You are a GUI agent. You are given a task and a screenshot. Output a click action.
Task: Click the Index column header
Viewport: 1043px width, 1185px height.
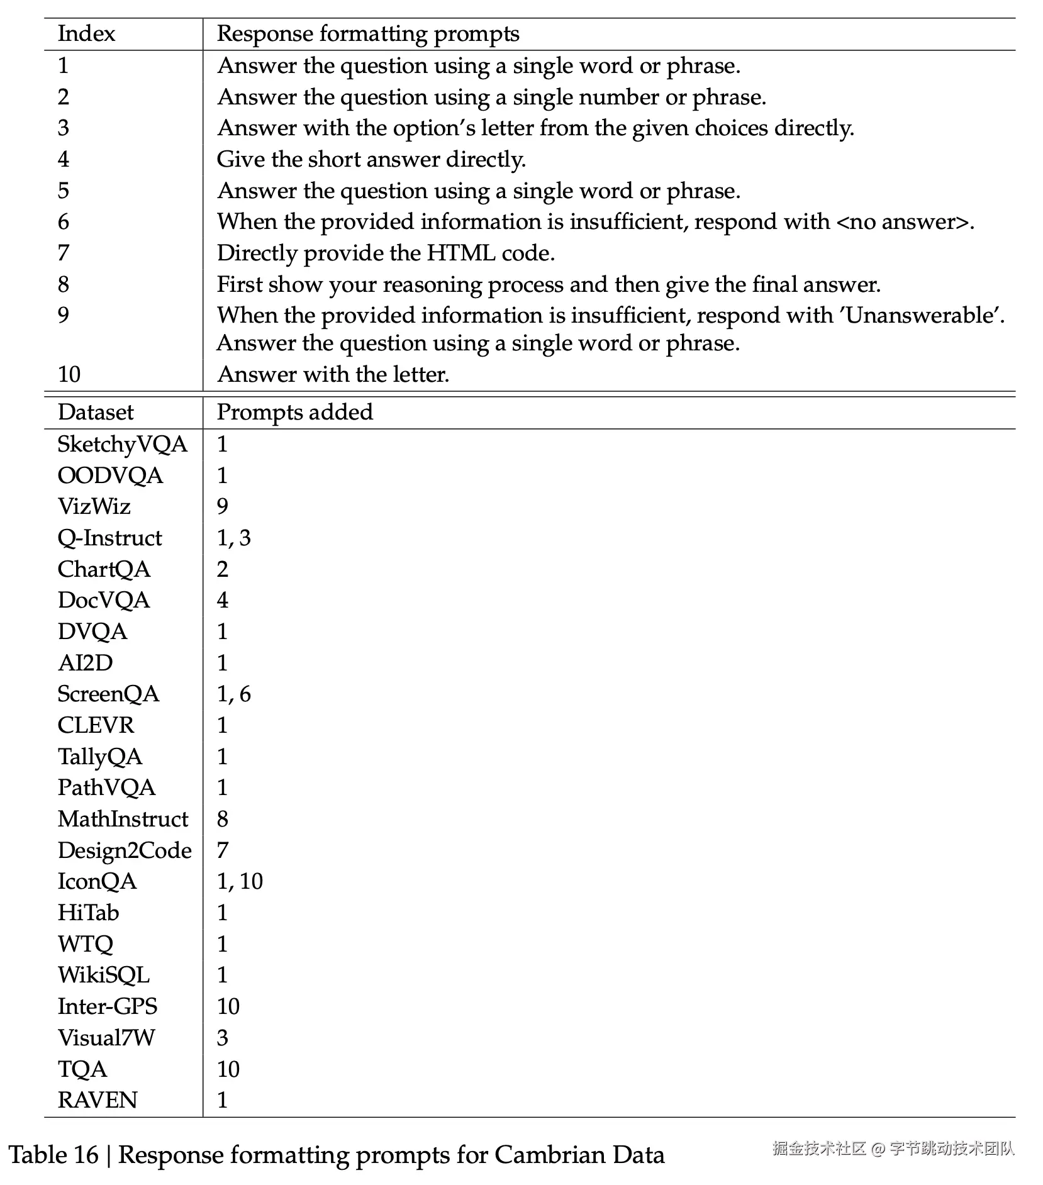click(x=86, y=34)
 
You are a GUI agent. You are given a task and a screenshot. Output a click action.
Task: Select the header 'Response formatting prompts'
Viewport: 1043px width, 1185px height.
click(x=368, y=34)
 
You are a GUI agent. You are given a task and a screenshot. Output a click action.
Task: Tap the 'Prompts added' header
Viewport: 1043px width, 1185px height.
click(x=294, y=413)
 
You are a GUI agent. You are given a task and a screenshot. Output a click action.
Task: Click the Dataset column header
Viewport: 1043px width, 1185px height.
click(x=96, y=413)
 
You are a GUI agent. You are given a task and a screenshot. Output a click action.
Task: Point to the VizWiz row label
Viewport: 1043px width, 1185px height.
click(x=94, y=506)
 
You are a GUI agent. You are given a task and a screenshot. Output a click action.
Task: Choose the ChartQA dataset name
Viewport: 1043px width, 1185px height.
click(x=104, y=569)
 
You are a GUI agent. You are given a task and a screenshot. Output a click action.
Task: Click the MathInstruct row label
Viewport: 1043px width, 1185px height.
click(x=123, y=819)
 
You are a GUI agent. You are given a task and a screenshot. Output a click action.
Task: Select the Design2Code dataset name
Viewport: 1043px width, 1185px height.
click(x=125, y=850)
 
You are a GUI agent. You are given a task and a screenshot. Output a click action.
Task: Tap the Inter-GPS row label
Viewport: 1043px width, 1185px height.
click(x=108, y=1006)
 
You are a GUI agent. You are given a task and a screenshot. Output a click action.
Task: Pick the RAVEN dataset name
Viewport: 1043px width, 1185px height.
click(x=98, y=1100)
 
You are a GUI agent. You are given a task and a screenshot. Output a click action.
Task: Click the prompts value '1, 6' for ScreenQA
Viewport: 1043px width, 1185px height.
click(x=233, y=694)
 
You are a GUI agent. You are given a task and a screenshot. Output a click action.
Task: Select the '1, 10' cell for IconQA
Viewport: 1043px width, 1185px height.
click(x=240, y=881)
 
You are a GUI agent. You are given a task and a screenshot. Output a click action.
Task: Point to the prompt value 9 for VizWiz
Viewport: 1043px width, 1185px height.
click(x=223, y=506)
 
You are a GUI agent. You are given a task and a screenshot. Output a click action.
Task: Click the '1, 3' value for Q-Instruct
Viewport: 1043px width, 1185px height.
click(x=233, y=538)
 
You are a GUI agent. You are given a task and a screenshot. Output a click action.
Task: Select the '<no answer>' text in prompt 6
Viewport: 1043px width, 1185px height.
click(x=903, y=221)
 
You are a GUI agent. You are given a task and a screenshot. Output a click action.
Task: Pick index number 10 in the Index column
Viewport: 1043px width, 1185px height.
click(x=69, y=374)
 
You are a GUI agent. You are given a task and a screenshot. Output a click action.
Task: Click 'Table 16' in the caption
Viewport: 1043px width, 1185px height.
click(x=53, y=1155)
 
